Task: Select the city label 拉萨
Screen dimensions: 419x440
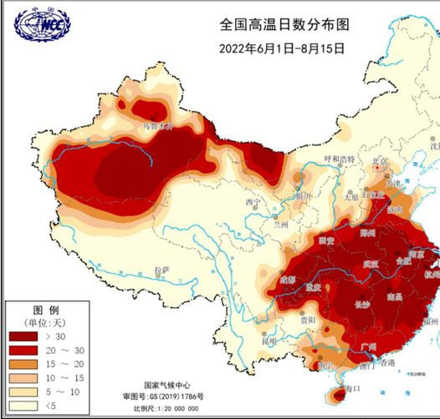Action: pos(161,270)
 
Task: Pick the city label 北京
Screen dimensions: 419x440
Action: pos(381,160)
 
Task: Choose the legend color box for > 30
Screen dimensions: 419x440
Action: pos(23,337)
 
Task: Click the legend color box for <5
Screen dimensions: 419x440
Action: pos(23,404)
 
